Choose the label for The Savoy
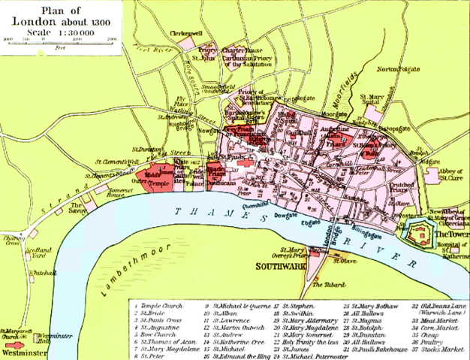pyautogui.click(x=77, y=207)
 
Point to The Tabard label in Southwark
pyautogui.click(x=325, y=285)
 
